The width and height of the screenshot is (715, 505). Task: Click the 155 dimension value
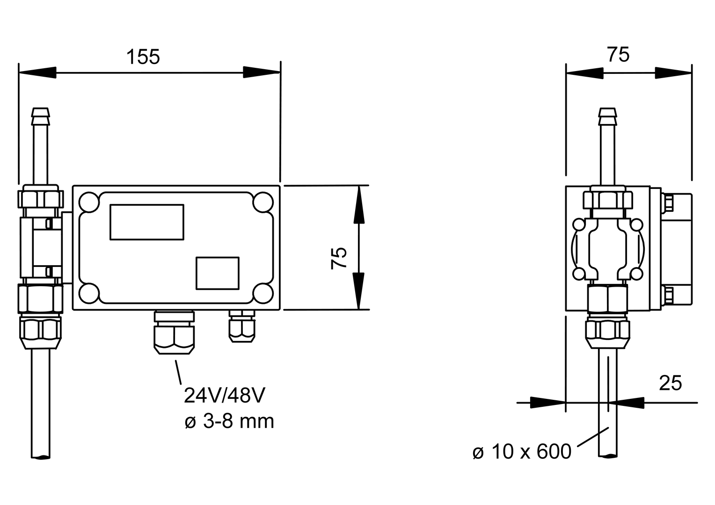(x=143, y=57)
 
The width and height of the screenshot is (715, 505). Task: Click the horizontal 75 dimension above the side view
(x=618, y=55)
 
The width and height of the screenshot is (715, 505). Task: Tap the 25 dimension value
(x=670, y=383)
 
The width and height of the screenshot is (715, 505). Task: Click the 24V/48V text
(x=225, y=396)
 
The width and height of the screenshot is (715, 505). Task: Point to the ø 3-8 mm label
(x=229, y=422)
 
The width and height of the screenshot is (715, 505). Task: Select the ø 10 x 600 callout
(x=522, y=452)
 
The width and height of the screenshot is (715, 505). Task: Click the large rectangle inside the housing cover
(x=146, y=222)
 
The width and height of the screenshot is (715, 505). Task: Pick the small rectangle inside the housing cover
(x=217, y=273)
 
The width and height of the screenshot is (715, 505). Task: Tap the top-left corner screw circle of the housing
(x=88, y=202)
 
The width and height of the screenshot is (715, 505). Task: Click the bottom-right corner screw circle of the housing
(x=263, y=293)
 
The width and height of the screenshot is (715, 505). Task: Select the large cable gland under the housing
(x=173, y=335)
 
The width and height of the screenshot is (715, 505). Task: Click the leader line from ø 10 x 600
(x=594, y=437)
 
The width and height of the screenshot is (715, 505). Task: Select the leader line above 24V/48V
(x=178, y=372)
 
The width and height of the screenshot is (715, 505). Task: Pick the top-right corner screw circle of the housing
(x=263, y=202)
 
